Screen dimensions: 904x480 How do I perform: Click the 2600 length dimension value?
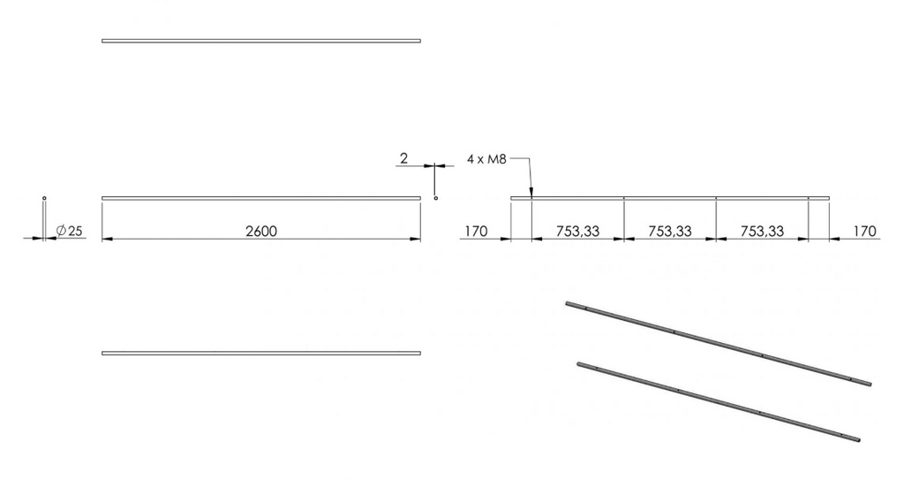(x=261, y=231)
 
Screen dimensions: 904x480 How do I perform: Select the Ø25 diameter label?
(x=70, y=231)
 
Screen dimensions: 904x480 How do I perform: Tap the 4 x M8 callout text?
(x=486, y=159)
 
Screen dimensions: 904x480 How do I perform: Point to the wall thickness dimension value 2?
(x=403, y=158)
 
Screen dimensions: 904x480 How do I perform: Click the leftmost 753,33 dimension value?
(x=577, y=232)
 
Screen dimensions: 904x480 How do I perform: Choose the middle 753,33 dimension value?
(x=670, y=232)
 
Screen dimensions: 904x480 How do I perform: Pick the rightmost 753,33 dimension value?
(x=762, y=232)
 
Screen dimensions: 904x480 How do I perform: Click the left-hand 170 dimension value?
(x=476, y=231)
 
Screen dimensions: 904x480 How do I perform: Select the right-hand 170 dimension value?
(x=864, y=231)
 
